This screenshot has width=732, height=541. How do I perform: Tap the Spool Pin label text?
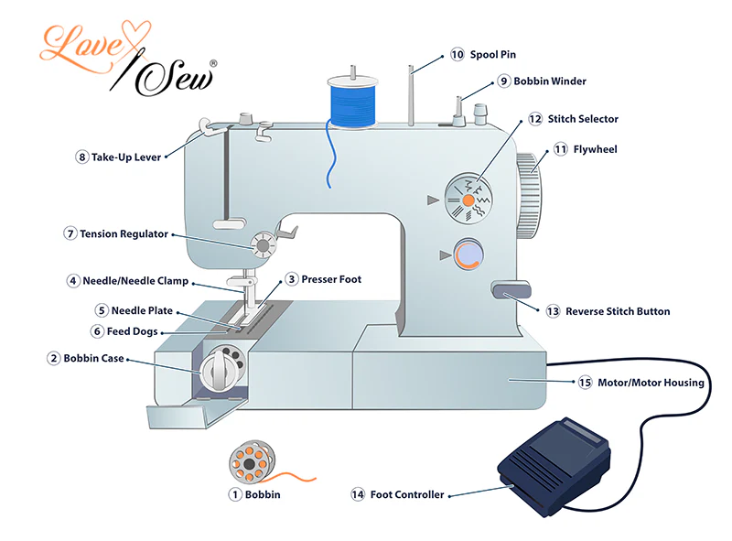493,55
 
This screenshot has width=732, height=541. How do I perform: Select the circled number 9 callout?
504,81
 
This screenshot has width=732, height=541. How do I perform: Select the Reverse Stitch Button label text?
618,311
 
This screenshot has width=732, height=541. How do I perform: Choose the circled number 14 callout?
358,494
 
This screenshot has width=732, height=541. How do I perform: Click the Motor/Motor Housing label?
651,383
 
